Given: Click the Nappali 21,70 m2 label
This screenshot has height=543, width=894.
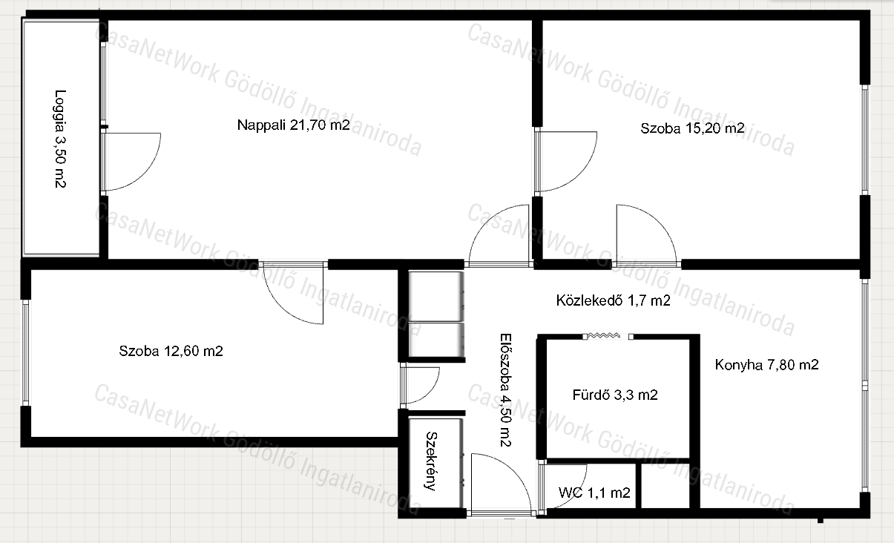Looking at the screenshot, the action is (x=293, y=125).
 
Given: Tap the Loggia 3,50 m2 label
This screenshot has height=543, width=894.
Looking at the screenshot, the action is (x=60, y=139).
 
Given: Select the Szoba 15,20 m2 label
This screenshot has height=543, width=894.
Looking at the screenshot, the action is (x=692, y=128).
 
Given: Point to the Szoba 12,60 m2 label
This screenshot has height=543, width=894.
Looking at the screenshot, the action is (x=171, y=351).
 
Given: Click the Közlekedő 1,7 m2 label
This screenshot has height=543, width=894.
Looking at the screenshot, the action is (x=613, y=300).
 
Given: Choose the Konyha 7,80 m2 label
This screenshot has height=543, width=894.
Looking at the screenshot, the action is (x=766, y=365).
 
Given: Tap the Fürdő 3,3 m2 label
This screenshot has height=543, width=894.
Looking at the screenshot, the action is (x=615, y=395).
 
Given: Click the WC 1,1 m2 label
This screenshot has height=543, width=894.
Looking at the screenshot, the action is (x=594, y=493).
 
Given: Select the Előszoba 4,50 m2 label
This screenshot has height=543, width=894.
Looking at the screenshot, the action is (x=506, y=390).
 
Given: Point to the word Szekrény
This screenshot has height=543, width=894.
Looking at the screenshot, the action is (x=432, y=461).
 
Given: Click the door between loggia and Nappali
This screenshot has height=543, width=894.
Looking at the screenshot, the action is (x=131, y=162).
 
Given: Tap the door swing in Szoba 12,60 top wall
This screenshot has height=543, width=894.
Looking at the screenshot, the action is (x=292, y=293).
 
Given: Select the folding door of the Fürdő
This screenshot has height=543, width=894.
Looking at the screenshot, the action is (x=608, y=336).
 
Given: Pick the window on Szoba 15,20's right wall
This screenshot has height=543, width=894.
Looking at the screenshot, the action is (x=864, y=140).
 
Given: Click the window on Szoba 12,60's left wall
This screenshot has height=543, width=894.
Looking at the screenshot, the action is (x=25, y=352).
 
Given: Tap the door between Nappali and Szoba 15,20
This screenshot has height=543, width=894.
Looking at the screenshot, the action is (x=566, y=161).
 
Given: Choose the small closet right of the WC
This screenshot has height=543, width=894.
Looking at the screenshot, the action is (x=665, y=486).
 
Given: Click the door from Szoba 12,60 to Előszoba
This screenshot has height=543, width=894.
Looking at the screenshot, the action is (x=420, y=386).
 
